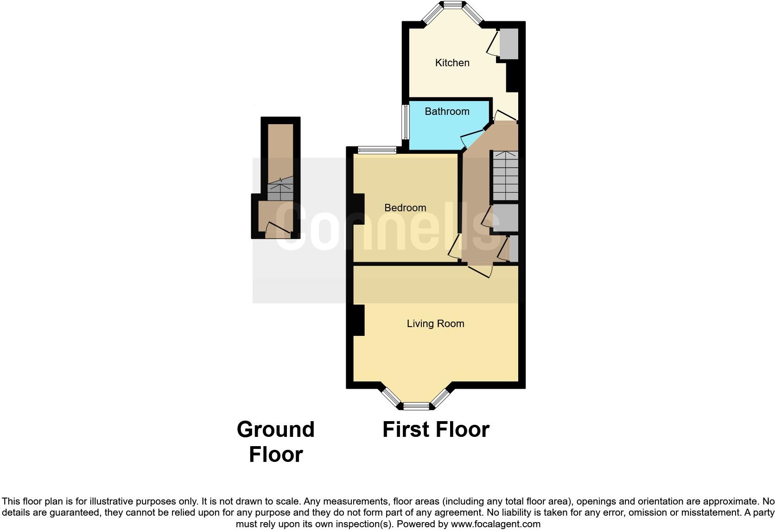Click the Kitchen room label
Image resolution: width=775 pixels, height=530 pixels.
[452, 63]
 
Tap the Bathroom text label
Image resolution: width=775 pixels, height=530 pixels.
[447, 111]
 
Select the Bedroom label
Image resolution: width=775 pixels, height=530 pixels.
[405, 208]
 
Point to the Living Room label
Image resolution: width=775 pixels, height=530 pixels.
[435, 323]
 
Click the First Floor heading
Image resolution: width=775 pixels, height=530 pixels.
[436, 429]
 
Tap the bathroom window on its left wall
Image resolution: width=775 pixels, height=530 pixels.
[406, 122]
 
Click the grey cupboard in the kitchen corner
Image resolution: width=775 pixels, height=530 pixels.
[508, 44]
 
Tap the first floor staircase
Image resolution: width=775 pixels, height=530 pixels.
[505, 175]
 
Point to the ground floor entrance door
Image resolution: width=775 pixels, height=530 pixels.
[278, 229]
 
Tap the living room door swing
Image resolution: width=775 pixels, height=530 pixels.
[480, 271]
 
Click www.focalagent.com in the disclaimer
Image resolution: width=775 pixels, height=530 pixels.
[495, 524]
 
